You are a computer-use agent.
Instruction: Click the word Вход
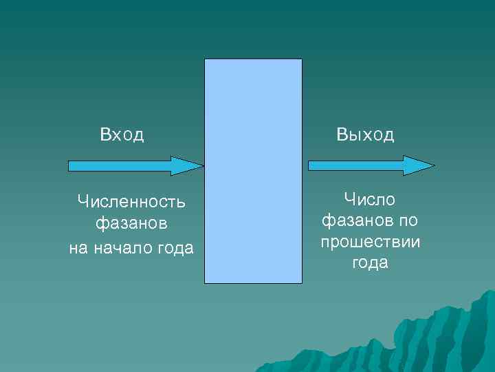122,134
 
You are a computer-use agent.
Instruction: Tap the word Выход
365,134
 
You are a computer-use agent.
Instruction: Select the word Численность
131,202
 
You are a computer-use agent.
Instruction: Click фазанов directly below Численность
131,225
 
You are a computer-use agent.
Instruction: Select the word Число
370,200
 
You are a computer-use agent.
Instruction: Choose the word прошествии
370,242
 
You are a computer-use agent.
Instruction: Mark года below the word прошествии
370,264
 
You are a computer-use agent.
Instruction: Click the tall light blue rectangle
253,171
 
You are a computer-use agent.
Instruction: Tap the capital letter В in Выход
342,134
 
